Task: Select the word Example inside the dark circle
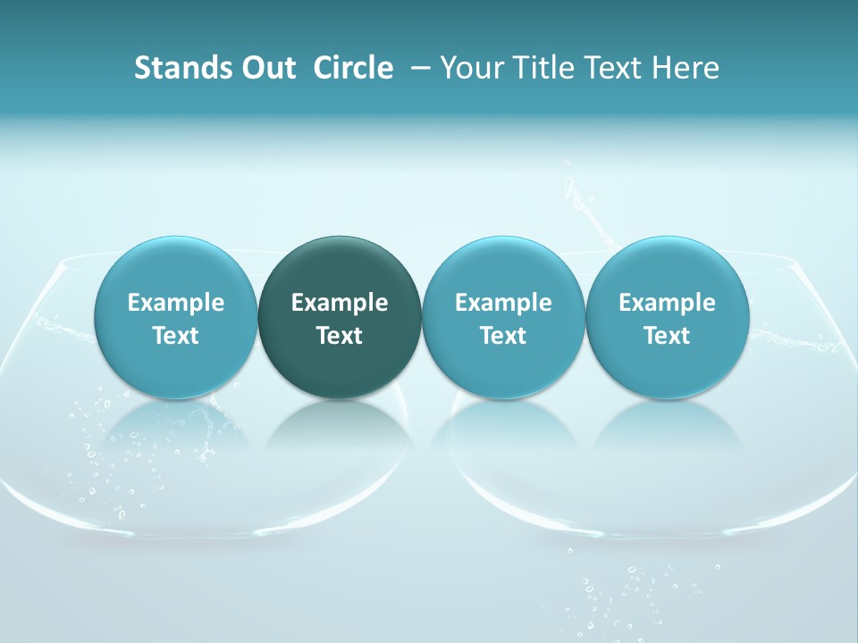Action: (x=340, y=303)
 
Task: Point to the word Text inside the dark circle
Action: (x=340, y=336)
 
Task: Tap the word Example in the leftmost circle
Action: (x=175, y=303)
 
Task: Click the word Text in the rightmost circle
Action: (x=667, y=336)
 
